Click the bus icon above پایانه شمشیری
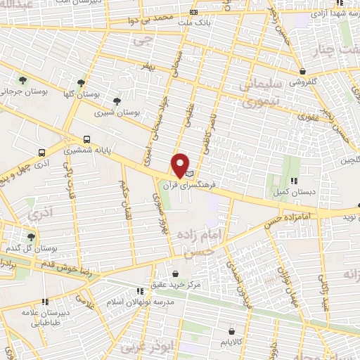click(86, 139)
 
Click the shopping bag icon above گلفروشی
click(302, 70)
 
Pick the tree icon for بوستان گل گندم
click(31, 237)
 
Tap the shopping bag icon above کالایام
click(231, 330)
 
